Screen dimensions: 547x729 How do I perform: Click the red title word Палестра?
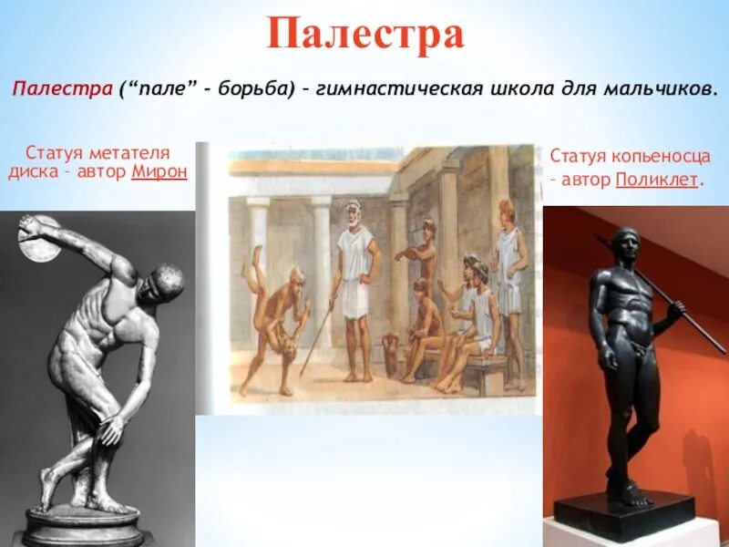365,34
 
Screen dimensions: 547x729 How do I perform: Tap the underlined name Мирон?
159,170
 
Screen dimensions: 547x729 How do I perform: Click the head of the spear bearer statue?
626,244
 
